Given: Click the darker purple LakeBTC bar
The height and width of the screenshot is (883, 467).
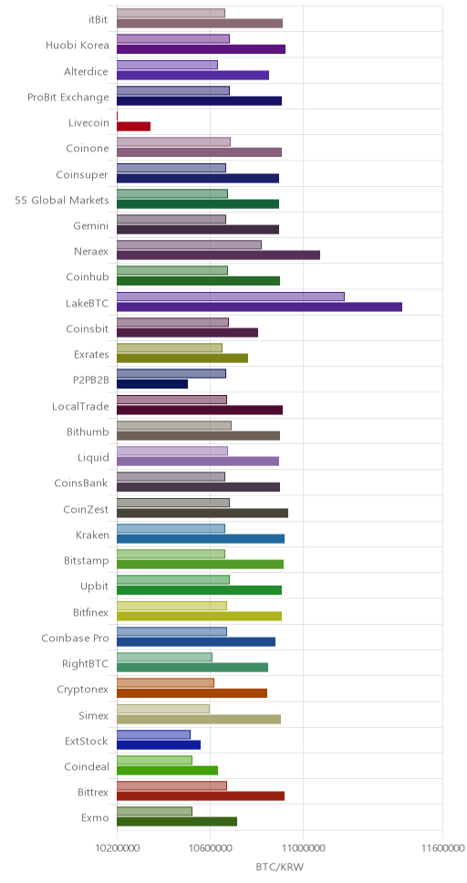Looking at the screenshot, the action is click(259, 306).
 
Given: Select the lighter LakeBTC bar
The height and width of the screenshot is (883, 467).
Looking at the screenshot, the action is click(231, 296).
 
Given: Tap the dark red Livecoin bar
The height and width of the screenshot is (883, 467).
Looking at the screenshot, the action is click(133, 127).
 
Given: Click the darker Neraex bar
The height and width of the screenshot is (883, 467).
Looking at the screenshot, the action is click(219, 255).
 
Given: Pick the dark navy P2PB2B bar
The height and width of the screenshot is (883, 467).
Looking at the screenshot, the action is click(152, 384).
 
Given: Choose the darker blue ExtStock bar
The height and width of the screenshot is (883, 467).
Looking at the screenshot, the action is click(159, 744).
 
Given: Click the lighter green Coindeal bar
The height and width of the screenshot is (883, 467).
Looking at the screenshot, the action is click(154, 760).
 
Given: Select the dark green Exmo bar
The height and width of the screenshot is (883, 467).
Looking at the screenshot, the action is click(177, 822).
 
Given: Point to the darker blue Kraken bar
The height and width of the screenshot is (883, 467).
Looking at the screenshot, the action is click(201, 539).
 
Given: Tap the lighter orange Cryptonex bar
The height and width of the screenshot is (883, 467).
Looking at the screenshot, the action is click(166, 683).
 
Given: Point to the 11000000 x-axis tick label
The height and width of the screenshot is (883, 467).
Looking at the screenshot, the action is click(303, 847).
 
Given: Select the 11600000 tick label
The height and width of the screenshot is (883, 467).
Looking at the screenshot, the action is click(442, 847).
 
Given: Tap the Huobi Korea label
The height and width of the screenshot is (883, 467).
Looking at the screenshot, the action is click(78, 46).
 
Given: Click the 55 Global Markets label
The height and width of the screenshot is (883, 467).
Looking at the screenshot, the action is click(62, 200).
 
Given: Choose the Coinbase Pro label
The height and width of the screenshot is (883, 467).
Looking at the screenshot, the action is click(75, 638).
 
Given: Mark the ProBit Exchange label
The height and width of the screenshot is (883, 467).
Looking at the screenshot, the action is click(68, 98).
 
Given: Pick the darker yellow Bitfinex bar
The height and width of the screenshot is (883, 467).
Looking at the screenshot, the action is click(200, 616).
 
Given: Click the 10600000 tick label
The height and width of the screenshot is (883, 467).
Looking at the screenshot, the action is click(210, 847).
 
